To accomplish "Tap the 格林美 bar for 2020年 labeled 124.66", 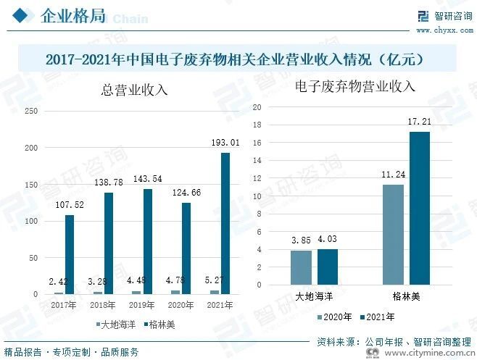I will pos(186,248).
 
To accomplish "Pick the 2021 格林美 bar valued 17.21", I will pos(420,208).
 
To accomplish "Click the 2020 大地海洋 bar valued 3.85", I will pos(301,267).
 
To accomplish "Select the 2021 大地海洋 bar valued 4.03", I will pos(328,267).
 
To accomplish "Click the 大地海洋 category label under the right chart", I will pos(314,297).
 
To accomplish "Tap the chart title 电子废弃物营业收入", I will pos(355,87).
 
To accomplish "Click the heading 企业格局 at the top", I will pos(72,17).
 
